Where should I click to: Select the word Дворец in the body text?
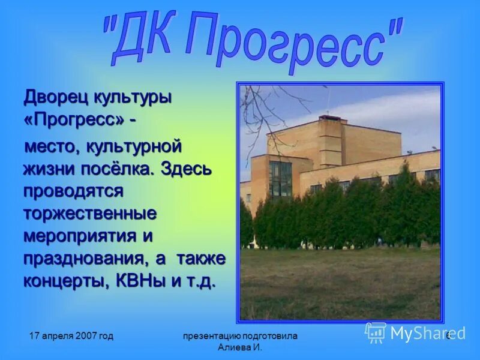click(x=54, y=96)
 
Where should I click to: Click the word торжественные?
click(x=90, y=213)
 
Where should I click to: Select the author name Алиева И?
click(x=240, y=347)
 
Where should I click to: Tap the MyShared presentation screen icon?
click(x=376, y=332)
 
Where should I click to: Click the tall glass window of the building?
click(x=280, y=179)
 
